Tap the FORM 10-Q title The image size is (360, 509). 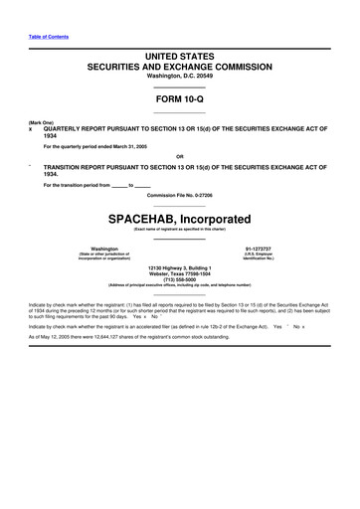pyautogui.click(x=180, y=100)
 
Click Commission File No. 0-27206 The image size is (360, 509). pyautogui.click(x=180, y=194)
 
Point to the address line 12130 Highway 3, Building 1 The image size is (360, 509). pyautogui.click(x=180, y=268)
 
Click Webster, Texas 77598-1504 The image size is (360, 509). pyautogui.click(x=180, y=275)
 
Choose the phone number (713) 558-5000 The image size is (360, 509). pyautogui.click(x=180, y=282)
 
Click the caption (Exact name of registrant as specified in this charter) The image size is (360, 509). pyautogui.click(x=180, y=230)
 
